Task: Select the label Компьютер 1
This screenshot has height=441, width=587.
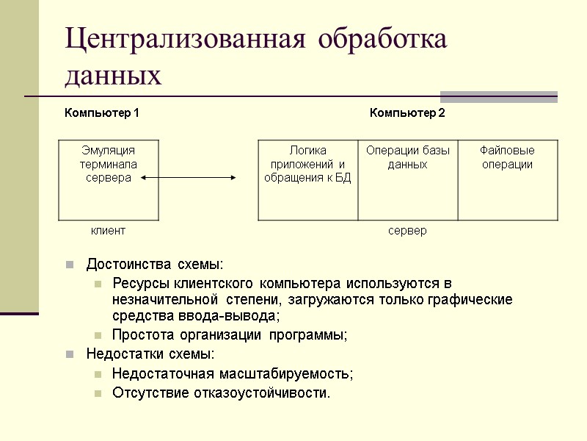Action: pyautogui.click(x=102, y=113)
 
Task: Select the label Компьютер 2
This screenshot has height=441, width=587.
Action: pyautogui.click(x=407, y=113)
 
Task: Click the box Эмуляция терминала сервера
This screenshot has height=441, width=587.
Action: pyautogui.click(x=108, y=179)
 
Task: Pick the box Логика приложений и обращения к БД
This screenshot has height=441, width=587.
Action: pyautogui.click(x=307, y=179)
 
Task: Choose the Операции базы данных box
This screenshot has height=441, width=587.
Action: pyautogui.click(x=408, y=179)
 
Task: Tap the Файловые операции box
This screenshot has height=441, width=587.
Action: pyautogui.click(x=507, y=179)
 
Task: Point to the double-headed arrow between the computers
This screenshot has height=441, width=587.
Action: pyautogui.click(x=189, y=177)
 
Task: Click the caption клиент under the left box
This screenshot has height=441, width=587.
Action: pyautogui.click(x=108, y=231)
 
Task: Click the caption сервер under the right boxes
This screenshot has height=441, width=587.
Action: pyautogui.click(x=407, y=231)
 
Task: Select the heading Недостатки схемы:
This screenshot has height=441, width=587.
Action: pyautogui.click(x=151, y=354)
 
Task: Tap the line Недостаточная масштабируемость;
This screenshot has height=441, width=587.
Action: pyautogui.click(x=233, y=373)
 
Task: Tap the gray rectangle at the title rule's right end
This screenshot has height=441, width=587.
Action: pyautogui.click(x=498, y=96)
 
